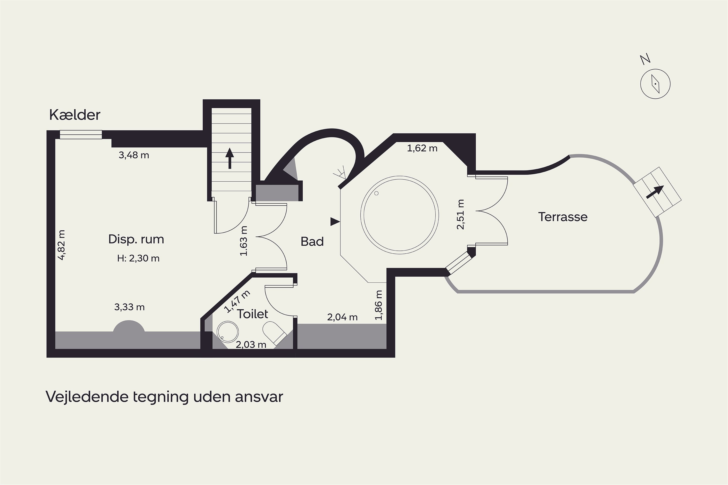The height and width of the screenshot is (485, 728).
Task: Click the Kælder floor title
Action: pos(74,115)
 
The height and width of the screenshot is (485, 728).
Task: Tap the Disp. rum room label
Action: pos(136,239)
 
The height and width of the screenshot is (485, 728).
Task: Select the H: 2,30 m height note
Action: pos(138,258)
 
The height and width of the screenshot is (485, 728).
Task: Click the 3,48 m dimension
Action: pos(134,155)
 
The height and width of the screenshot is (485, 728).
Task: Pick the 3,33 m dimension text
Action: pos(129,307)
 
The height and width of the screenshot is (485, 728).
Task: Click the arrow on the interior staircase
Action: pos(230,158)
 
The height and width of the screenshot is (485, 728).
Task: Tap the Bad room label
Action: pos(312,242)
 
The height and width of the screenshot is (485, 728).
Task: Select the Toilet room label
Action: pos(253,314)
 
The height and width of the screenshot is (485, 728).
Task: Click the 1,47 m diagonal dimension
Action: pos(237,302)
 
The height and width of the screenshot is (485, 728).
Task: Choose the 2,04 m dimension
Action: pos(342,317)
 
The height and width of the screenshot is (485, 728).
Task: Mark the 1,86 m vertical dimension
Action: pos(379,305)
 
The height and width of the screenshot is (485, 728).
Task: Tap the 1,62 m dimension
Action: pos(422,148)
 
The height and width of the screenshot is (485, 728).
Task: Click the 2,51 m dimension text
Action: pos(461,214)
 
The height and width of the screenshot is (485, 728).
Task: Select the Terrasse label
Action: pos(563,217)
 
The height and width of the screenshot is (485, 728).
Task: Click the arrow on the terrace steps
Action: pos(655,192)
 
